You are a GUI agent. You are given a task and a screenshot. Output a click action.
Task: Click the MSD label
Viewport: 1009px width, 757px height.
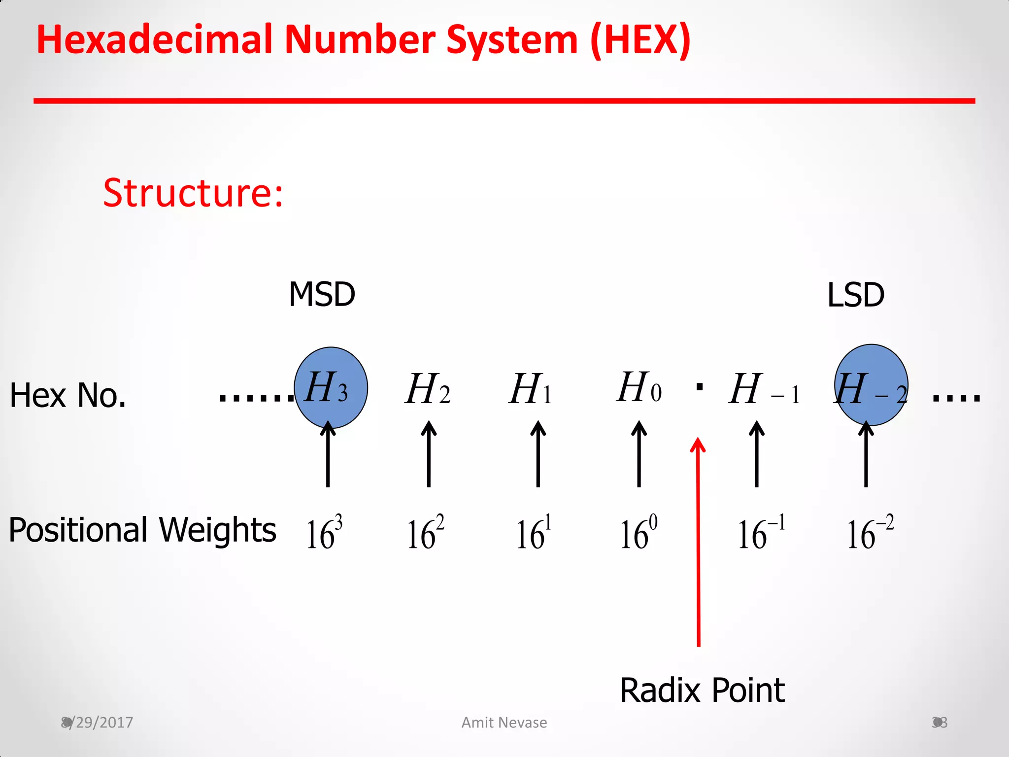tap(322, 295)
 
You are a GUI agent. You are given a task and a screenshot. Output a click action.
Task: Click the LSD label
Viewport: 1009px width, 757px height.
tap(855, 295)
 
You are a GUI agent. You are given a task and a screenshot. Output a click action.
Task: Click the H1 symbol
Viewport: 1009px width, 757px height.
tap(530, 389)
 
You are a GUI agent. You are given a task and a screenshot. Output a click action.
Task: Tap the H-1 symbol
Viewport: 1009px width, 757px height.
tap(764, 390)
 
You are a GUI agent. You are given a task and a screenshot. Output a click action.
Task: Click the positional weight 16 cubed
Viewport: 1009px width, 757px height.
tap(324, 532)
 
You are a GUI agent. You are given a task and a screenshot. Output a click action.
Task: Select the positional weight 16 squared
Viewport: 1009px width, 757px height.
tap(425, 532)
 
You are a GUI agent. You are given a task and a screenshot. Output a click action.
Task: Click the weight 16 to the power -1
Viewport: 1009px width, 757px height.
tap(761, 532)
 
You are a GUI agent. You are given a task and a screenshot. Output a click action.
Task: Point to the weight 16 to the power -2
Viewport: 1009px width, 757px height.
tap(870, 532)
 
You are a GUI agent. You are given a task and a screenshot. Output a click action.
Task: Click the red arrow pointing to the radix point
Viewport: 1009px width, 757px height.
tap(698, 542)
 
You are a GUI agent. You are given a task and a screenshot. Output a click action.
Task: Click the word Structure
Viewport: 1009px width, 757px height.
tap(193, 193)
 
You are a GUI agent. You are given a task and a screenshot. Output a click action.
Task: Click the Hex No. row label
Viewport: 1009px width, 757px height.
tap(68, 395)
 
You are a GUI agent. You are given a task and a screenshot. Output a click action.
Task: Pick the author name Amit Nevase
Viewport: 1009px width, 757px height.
tap(504, 723)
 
